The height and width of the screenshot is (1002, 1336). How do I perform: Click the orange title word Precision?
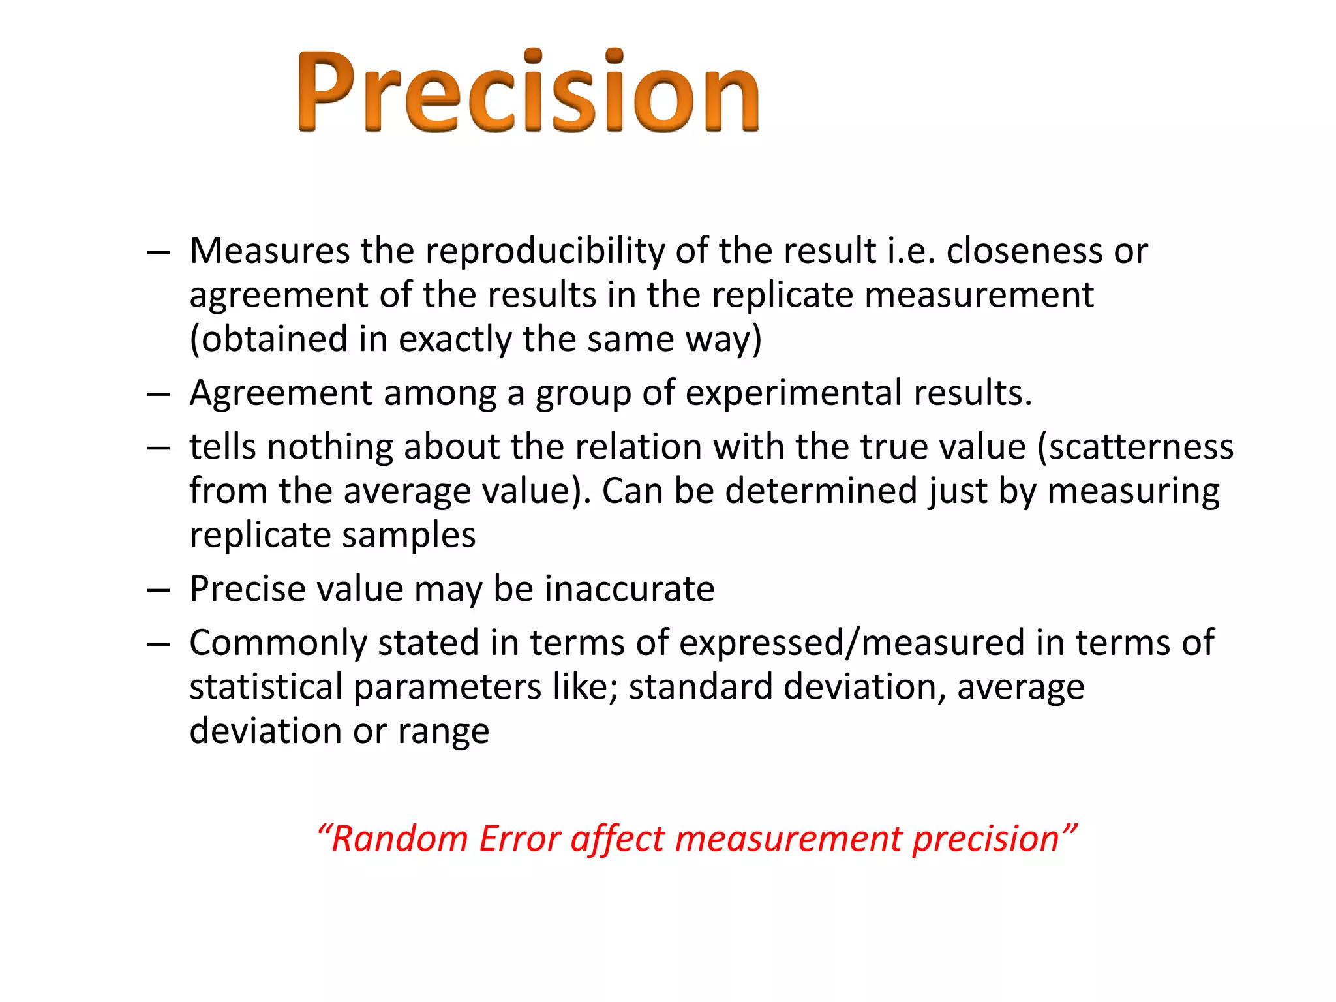click(x=528, y=91)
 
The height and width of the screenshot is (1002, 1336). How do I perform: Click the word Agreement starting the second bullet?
click(x=281, y=394)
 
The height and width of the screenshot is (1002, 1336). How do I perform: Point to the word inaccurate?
click(x=630, y=589)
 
